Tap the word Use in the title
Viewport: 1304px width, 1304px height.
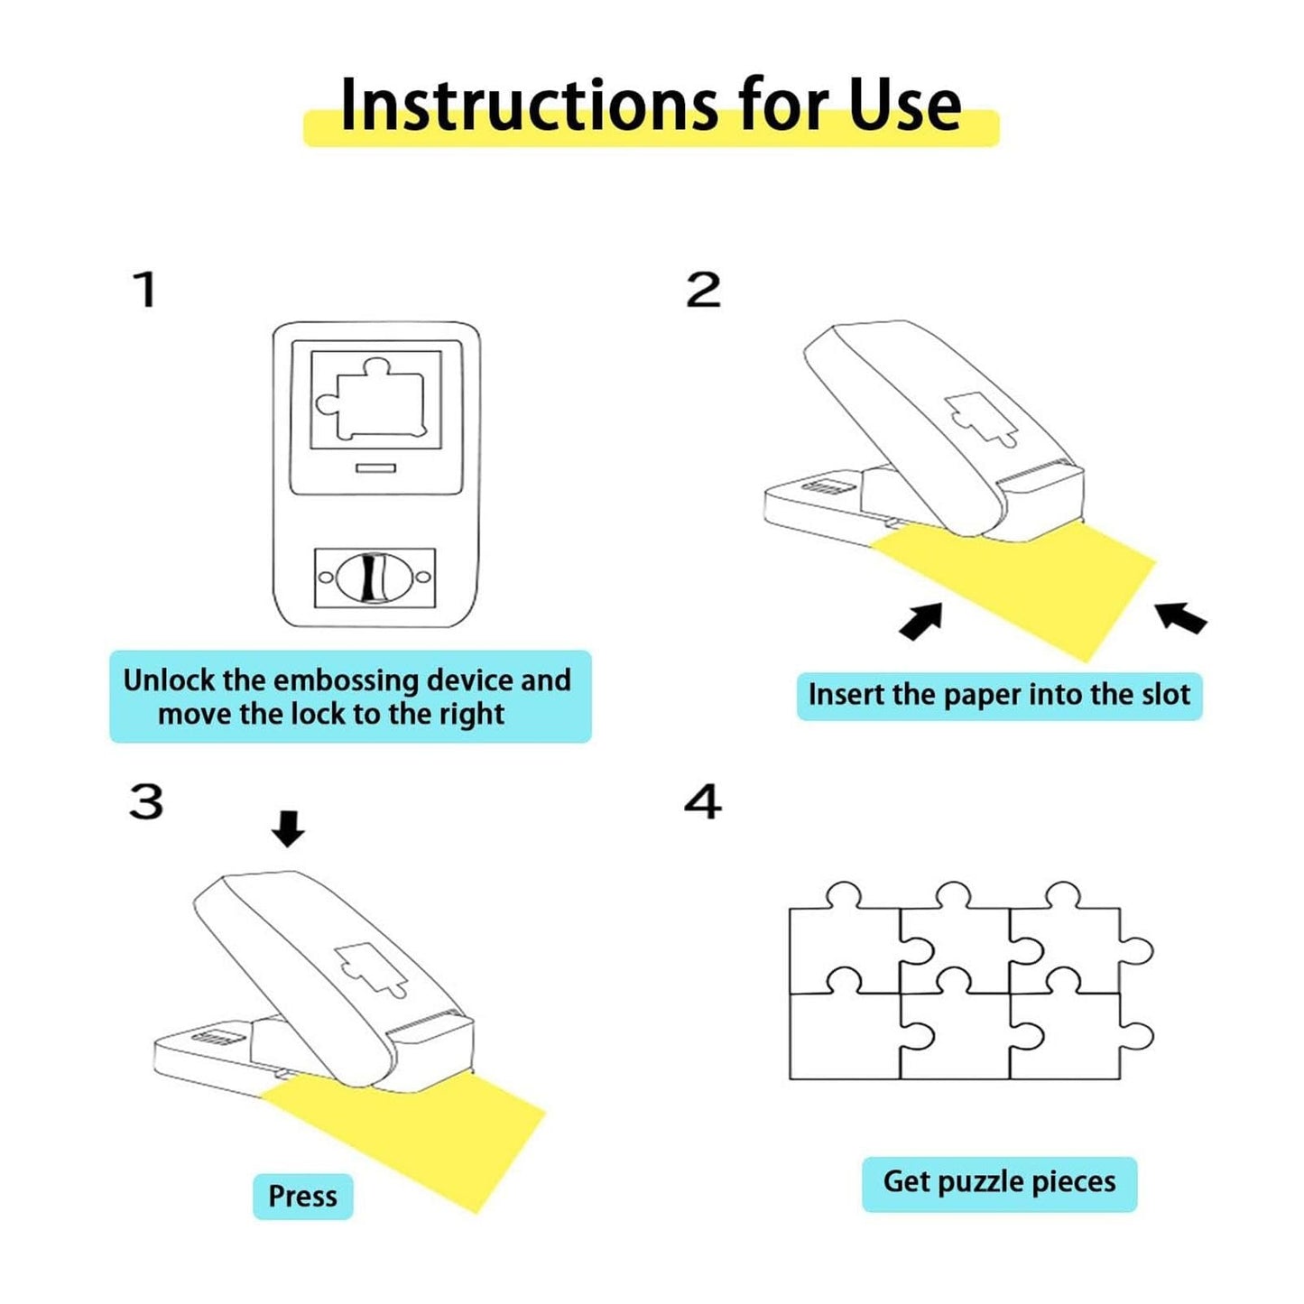pyautogui.click(x=904, y=106)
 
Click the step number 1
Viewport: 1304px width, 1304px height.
pyautogui.click(x=144, y=290)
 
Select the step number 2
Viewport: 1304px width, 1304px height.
pyautogui.click(x=703, y=291)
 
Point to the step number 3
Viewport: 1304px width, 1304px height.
pyautogui.click(x=146, y=801)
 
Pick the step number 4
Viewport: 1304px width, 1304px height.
pyautogui.click(x=703, y=801)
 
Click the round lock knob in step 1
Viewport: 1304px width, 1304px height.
pyautogui.click(x=375, y=578)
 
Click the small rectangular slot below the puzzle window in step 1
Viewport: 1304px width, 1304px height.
pyautogui.click(x=375, y=468)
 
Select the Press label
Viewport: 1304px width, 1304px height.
pyautogui.click(x=302, y=1197)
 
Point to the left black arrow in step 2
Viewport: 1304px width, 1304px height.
pyautogui.click(x=922, y=622)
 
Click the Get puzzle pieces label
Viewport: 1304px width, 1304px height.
pyautogui.click(x=999, y=1182)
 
